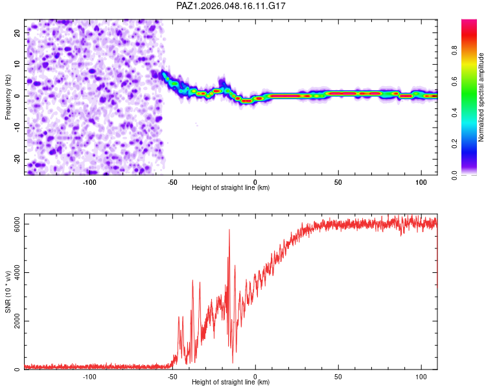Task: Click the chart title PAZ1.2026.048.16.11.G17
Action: [x=231, y=6]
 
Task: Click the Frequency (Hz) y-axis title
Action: [x=8, y=97]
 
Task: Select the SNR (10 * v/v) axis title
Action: [x=8, y=292]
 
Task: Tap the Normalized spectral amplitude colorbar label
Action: [x=481, y=97]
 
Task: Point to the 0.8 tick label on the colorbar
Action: [x=454, y=51]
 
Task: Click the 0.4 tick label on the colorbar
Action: [x=454, y=113]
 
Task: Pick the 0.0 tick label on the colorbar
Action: [x=454, y=175]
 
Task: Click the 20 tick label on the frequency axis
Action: [x=17, y=32]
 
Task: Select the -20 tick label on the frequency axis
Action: [x=17, y=159]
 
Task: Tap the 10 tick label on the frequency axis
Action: [x=17, y=64]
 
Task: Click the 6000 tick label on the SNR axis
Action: [x=17, y=224]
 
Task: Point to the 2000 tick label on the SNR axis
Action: [x=17, y=321]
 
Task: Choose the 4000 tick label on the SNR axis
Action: [x=17, y=272]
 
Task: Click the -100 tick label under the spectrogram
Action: [x=89, y=182]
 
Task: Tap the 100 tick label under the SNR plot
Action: [x=421, y=377]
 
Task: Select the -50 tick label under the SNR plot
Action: [x=172, y=377]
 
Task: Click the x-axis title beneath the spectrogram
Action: [x=231, y=187]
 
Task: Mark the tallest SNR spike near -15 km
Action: [x=229, y=230]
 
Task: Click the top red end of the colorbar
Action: [x=469, y=21]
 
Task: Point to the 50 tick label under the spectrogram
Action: [x=338, y=182]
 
